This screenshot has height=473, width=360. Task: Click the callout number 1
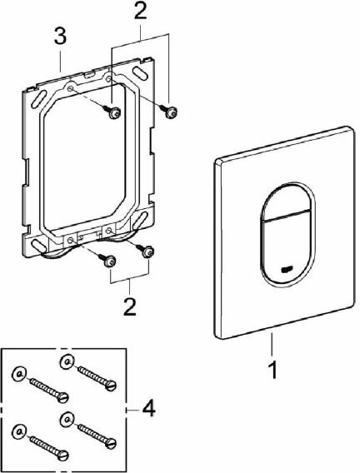point(272,370)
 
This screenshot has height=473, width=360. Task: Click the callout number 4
point(149,410)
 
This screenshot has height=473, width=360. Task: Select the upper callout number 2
point(140,11)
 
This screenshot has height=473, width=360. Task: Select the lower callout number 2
point(130,306)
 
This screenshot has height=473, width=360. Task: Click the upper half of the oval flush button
point(287,202)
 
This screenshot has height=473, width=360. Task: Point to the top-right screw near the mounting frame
point(168,111)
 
